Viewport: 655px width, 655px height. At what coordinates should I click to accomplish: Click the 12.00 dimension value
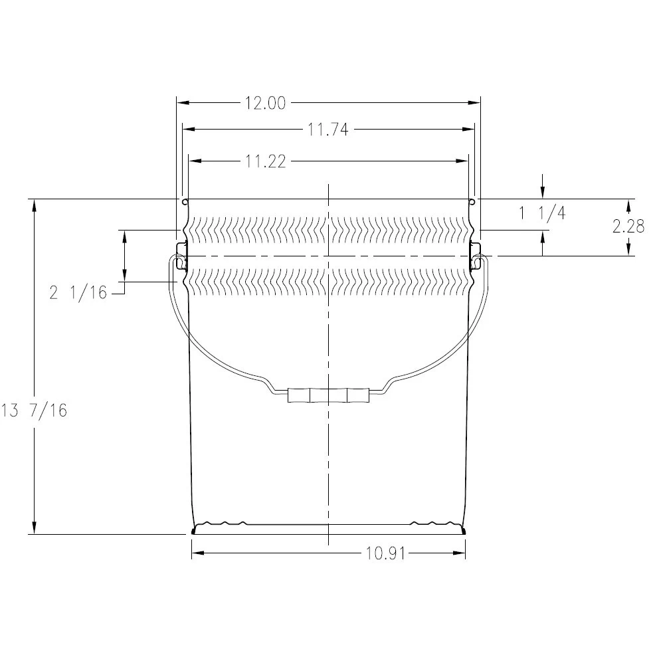pyautogui.click(x=265, y=103)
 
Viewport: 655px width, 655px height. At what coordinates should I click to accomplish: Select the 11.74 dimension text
pyautogui.click(x=327, y=130)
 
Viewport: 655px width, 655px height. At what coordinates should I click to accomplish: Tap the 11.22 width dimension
pyautogui.click(x=265, y=161)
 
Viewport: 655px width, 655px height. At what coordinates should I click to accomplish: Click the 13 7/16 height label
pyautogui.click(x=35, y=411)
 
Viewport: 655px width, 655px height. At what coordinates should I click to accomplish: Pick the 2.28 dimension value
pyautogui.click(x=628, y=227)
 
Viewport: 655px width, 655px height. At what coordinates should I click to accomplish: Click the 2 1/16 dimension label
pyautogui.click(x=78, y=292)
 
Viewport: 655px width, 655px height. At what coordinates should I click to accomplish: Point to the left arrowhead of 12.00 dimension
pyautogui.click(x=181, y=103)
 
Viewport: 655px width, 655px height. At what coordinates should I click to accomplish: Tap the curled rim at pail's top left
pyautogui.click(x=184, y=201)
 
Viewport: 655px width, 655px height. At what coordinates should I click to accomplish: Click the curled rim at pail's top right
pyautogui.click(x=471, y=201)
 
